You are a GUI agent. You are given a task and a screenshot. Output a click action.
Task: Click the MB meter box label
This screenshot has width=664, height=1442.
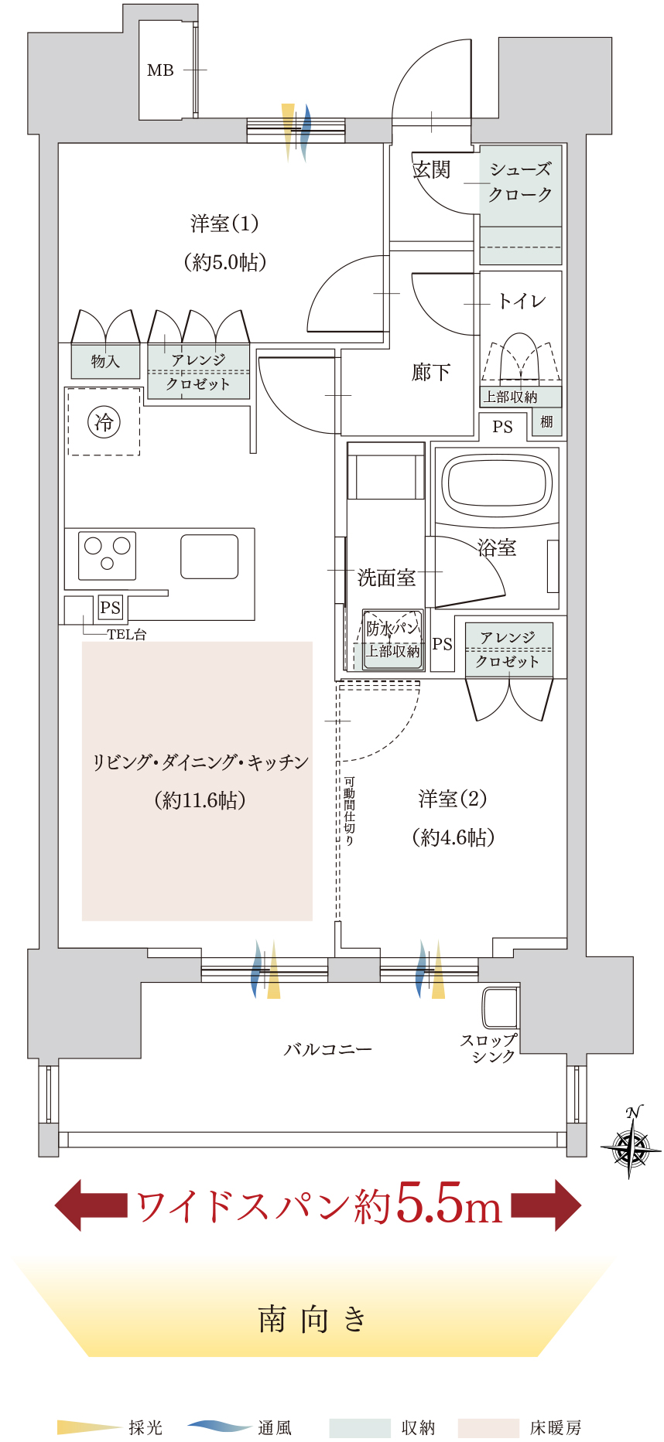[160, 70]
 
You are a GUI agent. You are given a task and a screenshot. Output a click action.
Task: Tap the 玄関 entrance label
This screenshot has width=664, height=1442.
[432, 169]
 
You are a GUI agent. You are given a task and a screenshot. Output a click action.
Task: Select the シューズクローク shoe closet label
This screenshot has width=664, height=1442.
[520, 182]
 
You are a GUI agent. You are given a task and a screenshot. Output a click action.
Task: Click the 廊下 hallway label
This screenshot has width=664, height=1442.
[431, 373]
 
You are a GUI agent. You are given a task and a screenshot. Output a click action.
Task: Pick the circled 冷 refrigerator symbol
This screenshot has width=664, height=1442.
[104, 422]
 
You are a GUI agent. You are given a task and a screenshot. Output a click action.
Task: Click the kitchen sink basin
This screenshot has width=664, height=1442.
[209, 557]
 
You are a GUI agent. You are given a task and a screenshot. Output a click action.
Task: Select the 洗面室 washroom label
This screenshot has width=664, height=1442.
[386, 578]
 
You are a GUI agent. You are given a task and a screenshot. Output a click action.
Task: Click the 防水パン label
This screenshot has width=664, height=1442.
[393, 628]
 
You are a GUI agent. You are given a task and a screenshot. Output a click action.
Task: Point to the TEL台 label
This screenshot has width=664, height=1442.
[127, 635]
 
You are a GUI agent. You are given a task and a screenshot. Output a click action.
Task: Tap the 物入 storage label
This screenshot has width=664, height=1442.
[105, 361]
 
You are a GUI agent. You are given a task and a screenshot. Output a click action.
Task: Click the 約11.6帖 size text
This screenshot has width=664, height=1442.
[200, 799]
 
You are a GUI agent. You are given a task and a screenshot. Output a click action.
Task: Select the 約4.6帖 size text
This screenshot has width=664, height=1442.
[454, 837]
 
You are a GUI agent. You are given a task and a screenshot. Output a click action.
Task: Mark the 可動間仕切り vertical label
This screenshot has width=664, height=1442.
[349, 811]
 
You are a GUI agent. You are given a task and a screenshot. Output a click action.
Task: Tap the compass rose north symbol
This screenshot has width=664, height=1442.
[631, 1143]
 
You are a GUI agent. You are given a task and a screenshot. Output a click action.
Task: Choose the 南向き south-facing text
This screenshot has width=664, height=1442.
[313, 1319]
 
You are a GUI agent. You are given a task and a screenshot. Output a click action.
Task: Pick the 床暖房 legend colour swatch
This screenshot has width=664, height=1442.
[488, 1427]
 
